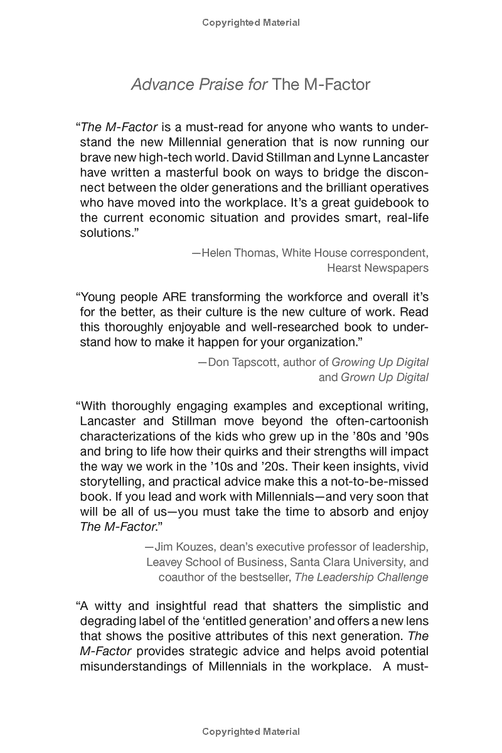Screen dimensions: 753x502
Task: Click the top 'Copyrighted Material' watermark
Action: (x=251, y=23)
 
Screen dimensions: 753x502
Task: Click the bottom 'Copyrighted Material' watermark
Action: (x=251, y=732)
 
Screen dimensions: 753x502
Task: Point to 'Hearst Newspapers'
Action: (x=378, y=268)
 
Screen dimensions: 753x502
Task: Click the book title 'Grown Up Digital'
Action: (x=385, y=377)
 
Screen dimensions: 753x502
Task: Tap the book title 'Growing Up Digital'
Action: (x=380, y=362)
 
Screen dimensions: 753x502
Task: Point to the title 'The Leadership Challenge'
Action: (x=361, y=577)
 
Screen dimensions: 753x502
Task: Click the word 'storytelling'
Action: (x=112, y=481)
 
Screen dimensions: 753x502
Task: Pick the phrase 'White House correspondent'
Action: (x=355, y=253)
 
